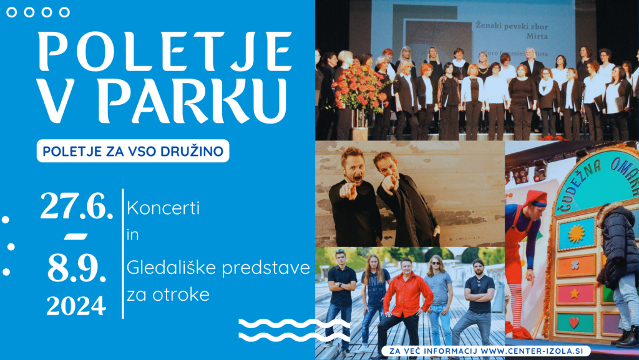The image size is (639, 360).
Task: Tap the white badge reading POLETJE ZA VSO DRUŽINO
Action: [133, 151]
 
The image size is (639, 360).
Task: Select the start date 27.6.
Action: [76, 207]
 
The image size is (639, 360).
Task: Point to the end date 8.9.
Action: [76, 269]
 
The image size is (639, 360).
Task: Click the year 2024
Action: [76, 306]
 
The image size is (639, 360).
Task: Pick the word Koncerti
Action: [163, 209]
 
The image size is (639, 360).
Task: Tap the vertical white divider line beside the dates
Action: [123, 253]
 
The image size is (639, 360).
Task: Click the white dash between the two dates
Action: [76, 236]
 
